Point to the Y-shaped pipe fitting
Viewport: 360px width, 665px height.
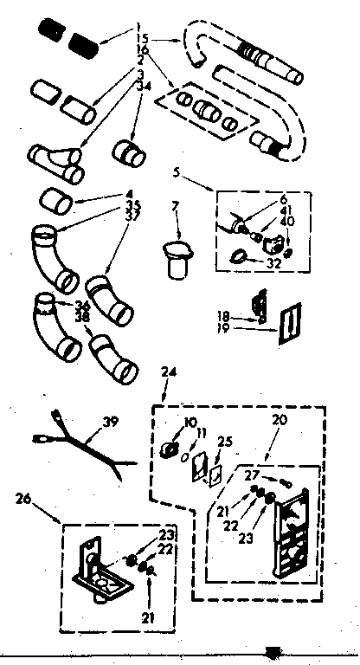[x=56, y=162]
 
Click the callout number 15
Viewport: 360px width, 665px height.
[x=143, y=39]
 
